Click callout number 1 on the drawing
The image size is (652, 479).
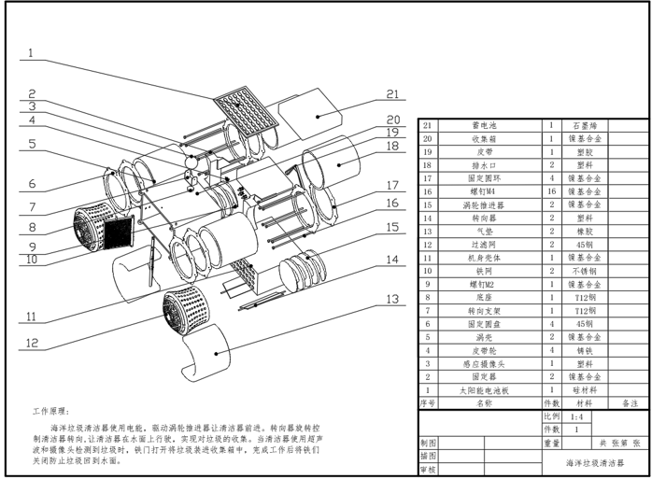click(30, 54)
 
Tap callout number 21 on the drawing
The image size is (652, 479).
click(392, 94)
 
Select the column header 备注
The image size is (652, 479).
click(629, 403)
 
